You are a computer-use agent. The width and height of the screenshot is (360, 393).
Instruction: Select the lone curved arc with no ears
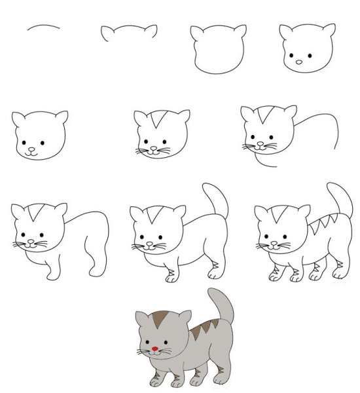tap(44, 28)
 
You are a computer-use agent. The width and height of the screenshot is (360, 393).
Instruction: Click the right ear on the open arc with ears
tap(151, 30)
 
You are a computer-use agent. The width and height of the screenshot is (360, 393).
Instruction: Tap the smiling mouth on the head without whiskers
tap(32, 150)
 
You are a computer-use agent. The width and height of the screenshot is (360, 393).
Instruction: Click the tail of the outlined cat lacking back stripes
tap(215, 200)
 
